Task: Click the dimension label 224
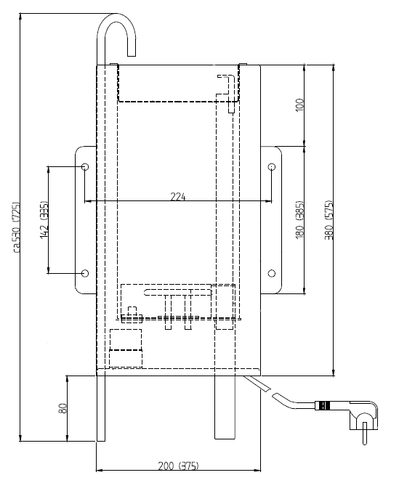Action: coord(178,196)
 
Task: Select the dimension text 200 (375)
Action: coord(178,466)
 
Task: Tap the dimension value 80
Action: coord(63,408)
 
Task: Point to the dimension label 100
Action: coord(300,105)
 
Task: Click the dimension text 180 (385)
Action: coord(300,219)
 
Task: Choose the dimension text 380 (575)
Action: coord(329,219)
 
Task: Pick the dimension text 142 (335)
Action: coord(44,219)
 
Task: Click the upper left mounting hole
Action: coord(85,166)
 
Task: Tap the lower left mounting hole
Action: coord(85,273)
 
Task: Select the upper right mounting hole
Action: coord(272,166)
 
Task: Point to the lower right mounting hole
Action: coord(272,273)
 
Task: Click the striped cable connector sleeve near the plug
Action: coord(322,405)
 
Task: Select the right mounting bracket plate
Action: coord(271,220)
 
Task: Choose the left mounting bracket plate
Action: coord(86,220)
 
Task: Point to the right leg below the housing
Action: coord(225,407)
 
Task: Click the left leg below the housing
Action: coord(101,408)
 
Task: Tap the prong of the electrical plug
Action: coord(365,434)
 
